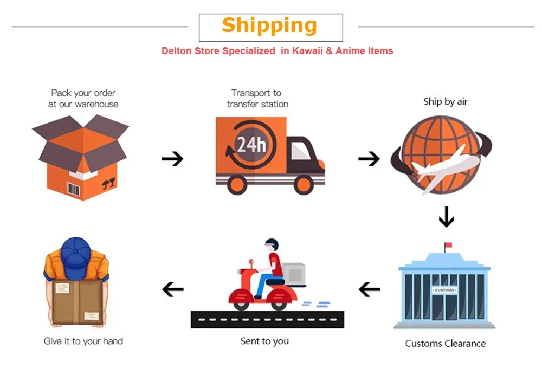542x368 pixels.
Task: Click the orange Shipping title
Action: [269, 25]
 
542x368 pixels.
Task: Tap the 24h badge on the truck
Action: [251, 144]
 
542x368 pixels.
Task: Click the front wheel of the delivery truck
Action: [304, 184]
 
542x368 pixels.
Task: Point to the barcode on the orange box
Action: [74, 189]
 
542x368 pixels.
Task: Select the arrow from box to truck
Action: [172, 159]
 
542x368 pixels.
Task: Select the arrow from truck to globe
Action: [369, 159]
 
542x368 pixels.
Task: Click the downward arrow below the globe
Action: [446, 217]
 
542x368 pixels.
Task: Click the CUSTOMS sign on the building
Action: [444, 290]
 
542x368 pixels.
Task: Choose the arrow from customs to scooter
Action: [369, 289]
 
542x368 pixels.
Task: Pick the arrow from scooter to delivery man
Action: [173, 289]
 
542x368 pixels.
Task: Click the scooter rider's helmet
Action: [272, 244]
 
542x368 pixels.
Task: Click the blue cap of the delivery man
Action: [75, 258]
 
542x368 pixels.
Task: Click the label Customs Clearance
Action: [445, 344]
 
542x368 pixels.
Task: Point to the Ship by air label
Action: [445, 101]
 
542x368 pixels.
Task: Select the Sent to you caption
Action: [264, 341]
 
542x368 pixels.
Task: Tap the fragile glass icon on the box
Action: [109, 183]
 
